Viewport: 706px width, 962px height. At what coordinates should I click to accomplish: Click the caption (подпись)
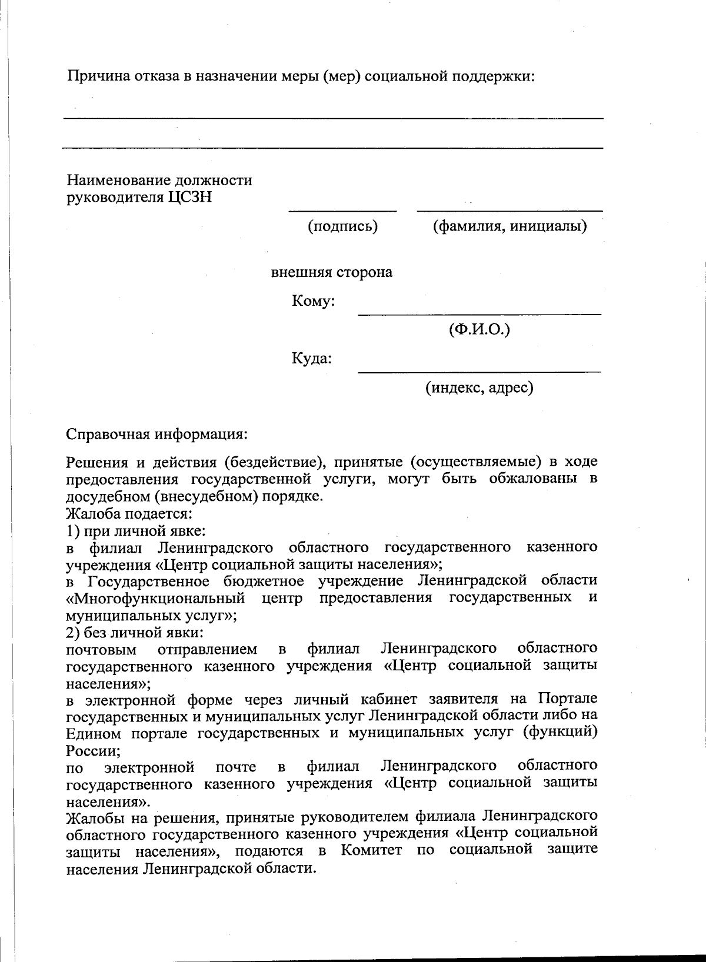342,226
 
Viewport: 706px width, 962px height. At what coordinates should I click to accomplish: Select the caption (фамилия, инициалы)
509,226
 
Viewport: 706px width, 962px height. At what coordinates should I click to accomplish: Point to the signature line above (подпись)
342,211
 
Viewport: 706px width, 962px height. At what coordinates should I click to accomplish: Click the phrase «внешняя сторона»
331,272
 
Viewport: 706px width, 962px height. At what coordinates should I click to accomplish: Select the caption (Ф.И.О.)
479,329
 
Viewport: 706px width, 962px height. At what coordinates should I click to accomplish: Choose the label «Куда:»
312,358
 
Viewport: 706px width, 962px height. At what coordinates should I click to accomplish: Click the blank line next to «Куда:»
479,372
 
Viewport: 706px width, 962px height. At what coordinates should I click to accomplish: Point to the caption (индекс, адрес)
479,388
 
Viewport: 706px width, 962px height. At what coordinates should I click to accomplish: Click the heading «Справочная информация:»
156,435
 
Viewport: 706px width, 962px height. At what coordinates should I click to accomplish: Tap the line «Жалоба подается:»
129,513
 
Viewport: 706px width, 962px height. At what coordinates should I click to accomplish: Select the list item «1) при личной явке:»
135,530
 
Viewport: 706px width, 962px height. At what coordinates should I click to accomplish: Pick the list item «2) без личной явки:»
135,633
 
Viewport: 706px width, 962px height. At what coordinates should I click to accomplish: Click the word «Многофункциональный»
155,599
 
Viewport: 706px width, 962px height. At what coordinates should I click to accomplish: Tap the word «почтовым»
102,650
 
